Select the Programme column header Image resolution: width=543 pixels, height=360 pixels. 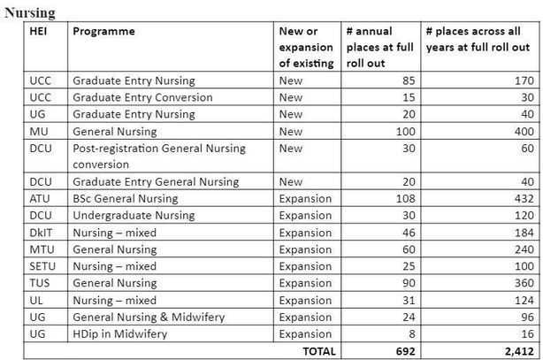pyautogui.click(x=103, y=32)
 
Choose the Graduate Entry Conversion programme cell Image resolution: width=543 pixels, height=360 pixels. pyautogui.click(x=142, y=97)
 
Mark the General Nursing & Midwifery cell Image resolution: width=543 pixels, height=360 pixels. pyautogui.click(x=149, y=318)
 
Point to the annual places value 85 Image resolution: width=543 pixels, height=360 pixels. pyautogui.click(x=408, y=80)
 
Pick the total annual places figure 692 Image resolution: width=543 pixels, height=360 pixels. pyautogui.click(x=405, y=351)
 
